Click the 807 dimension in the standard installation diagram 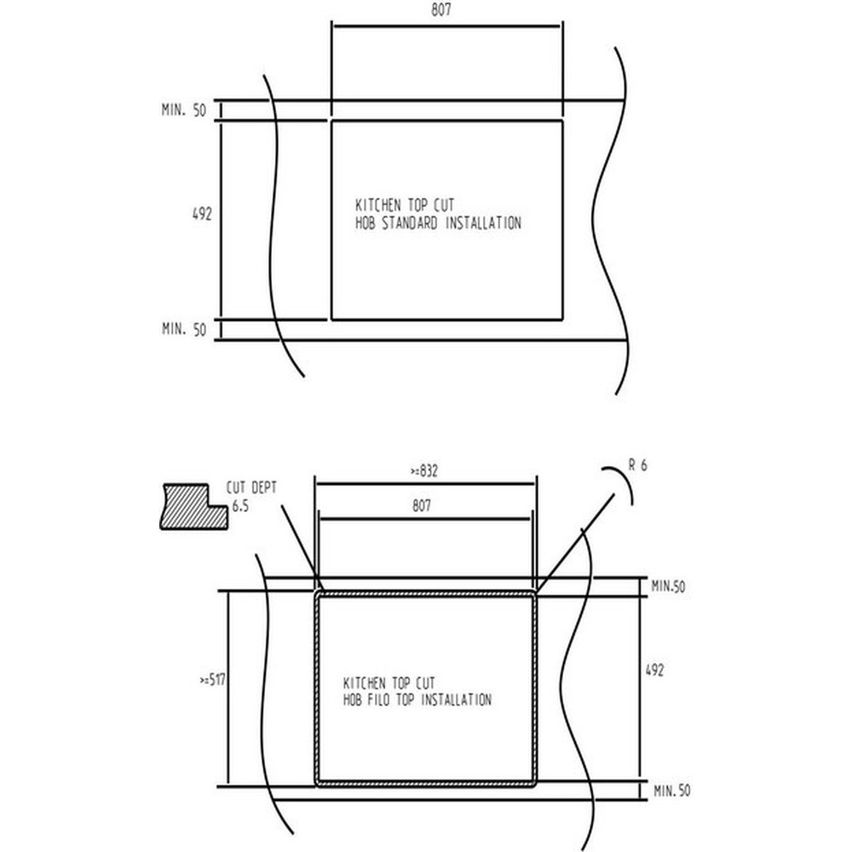440,11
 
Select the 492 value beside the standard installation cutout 202,215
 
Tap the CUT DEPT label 251,488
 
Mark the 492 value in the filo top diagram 653,671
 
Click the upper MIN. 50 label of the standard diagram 184,111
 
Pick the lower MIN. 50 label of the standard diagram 184,331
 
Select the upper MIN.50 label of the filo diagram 669,586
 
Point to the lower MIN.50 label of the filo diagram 671,792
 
